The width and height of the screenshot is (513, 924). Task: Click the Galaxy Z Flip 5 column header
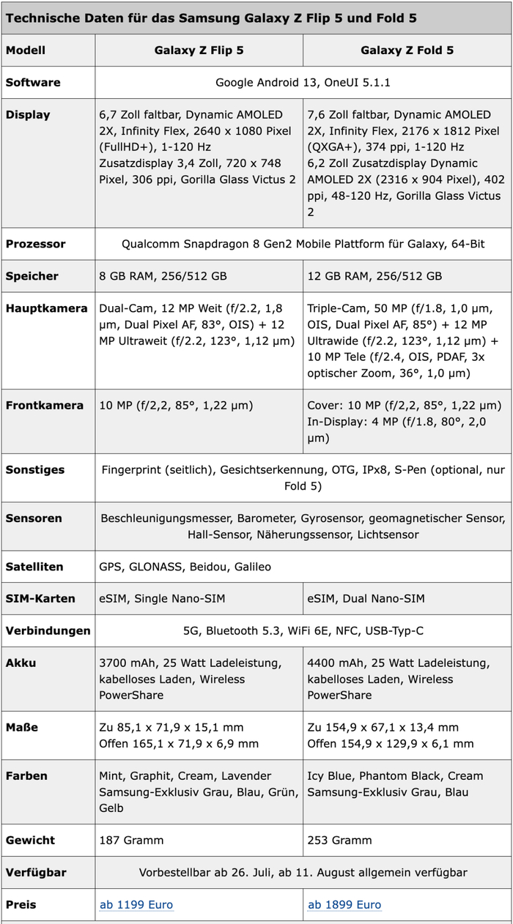click(x=199, y=51)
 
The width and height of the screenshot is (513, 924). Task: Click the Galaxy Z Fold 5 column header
click(x=407, y=51)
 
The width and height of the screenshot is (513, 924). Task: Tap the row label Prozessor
click(x=35, y=244)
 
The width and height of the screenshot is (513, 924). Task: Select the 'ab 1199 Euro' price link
click(x=136, y=905)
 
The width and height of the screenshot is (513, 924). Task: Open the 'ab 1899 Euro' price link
click(x=344, y=905)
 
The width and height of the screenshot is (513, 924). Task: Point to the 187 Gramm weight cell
click(x=132, y=841)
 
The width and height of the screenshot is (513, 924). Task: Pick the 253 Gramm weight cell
click(x=340, y=841)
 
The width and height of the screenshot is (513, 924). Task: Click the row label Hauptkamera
click(x=47, y=308)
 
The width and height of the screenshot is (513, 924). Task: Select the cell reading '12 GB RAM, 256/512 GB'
click(x=374, y=276)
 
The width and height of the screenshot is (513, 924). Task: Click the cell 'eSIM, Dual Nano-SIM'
click(x=366, y=598)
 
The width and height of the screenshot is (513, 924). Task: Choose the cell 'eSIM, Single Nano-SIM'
click(x=162, y=598)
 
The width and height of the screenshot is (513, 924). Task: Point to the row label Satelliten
click(x=34, y=567)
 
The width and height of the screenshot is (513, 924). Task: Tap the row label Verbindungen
click(x=48, y=630)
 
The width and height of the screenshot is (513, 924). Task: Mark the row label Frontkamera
click(x=45, y=405)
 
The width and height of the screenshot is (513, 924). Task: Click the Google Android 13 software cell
click(x=303, y=83)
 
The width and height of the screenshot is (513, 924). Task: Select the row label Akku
click(x=21, y=663)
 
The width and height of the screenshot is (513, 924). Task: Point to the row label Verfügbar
click(x=36, y=873)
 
